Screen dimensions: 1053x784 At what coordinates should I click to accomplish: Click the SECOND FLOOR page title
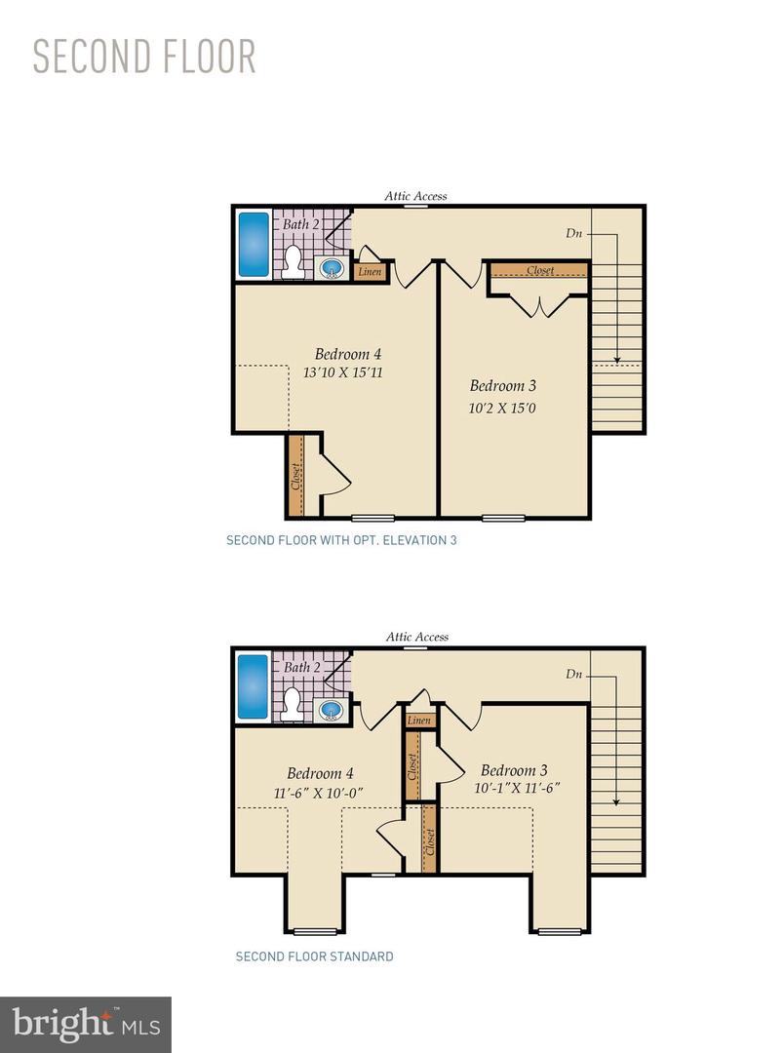pyautogui.click(x=144, y=58)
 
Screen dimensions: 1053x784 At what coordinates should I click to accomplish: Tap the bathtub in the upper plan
pyautogui.click(x=254, y=244)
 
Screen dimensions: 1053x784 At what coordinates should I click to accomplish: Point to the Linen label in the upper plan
pyautogui.click(x=370, y=272)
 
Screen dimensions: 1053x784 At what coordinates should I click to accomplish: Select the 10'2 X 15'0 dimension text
pyautogui.click(x=502, y=408)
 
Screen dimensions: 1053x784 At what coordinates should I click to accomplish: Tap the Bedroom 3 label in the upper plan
pyautogui.click(x=502, y=385)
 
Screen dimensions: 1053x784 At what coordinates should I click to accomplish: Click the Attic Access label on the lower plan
pyautogui.click(x=416, y=637)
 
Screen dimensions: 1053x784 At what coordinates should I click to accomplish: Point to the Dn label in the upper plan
pyautogui.click(x=575, y=233)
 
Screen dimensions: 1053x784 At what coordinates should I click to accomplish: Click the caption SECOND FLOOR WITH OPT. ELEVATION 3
pyautogui.click(x=341, y=539)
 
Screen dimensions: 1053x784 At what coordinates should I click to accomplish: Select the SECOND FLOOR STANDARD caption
pyautogui.click(x=314, y=956)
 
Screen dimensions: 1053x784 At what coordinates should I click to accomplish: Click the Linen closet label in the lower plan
pyautogui.click(x=419, y=721)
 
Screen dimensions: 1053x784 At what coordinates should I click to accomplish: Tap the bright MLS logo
pyautogui.click(x=85, y=1024)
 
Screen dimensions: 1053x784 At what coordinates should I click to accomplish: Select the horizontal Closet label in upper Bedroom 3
pyautogui.click(x=539, y=270)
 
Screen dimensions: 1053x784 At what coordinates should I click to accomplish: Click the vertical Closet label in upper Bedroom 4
pyautogui.click(x=295, y=476)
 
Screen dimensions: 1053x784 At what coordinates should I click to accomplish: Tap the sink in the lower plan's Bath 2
pyautogui.click(x=333, y=709)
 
